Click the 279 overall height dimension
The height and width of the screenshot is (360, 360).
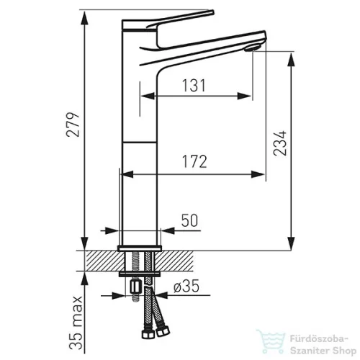coord(73,124)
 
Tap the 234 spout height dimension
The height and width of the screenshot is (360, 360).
coord(280,143)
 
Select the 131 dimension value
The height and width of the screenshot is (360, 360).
coord(194,86)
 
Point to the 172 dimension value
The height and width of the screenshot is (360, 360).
coord(194,161)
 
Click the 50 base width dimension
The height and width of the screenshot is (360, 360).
coord(189,220)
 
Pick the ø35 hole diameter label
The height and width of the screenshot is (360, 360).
coord(186,287)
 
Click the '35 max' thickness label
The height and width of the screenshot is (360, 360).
coord(76,323)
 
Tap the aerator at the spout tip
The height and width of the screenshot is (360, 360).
coord(252,48)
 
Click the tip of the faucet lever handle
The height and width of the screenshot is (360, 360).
coord(212,12)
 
